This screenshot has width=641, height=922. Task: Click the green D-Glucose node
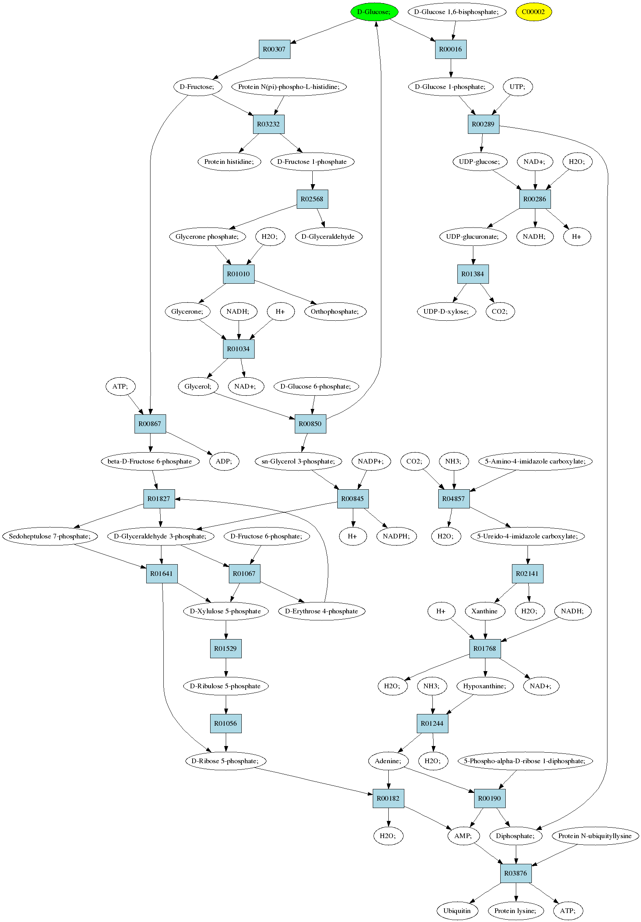click(x=374, y=12)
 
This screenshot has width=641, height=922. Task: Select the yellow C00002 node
click(x=533, y=12)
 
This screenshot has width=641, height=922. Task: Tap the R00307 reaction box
click(x=274, y=50)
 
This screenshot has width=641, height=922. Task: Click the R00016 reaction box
click(x=450, y=50)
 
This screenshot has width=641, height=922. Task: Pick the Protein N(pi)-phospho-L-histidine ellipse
click(x=289, y=87)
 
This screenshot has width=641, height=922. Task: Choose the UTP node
click(x=518, y=87)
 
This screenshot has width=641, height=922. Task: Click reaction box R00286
click(x=535, y=199)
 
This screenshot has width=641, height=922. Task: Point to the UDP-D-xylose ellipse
click(x=446, y=312)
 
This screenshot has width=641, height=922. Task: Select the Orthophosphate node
click(x=335, y=312)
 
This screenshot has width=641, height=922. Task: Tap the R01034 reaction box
click(x=238, y=349)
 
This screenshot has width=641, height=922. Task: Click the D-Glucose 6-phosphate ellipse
click(x=316, y=386)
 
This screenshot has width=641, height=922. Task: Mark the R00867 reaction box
click(x=150, y=424)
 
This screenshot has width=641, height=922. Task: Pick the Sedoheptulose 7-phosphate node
click(x=50, y=536)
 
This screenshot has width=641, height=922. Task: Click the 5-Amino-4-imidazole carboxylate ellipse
click(x=535, y=462)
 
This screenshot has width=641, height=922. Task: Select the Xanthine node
click(x=485, y=611)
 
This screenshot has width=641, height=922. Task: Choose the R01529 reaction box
click(x=226, y=648)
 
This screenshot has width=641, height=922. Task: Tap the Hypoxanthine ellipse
click(x=485, y=686)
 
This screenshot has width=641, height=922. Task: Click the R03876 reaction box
click(x=516, y=873)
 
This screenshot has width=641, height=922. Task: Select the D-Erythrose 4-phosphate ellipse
click(x=322, y=611)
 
